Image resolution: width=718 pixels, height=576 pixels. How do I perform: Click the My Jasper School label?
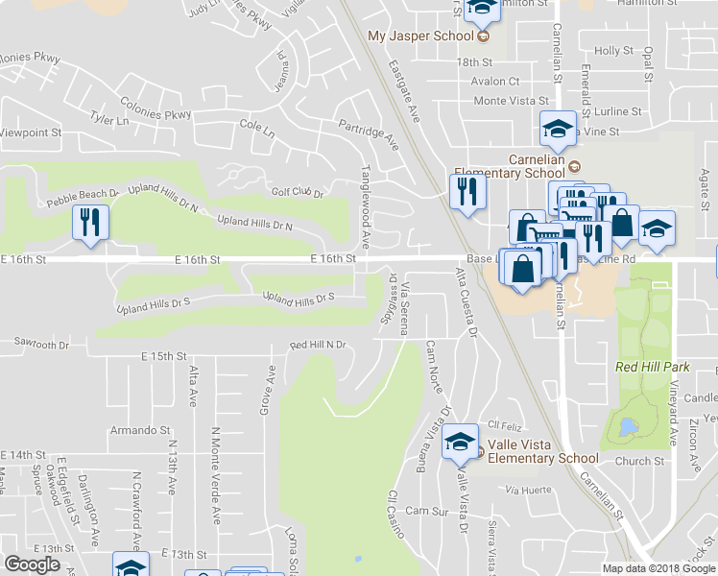(421, 36)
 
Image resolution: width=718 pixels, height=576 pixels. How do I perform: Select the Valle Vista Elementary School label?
(543, 450)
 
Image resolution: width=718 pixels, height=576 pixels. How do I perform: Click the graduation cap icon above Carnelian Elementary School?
(555, 128)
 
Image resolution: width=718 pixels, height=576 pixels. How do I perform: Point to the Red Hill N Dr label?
(317, 345)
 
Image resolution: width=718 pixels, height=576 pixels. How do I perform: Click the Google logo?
(33, 564)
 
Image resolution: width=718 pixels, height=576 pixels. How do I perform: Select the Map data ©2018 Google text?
(659, 568)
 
